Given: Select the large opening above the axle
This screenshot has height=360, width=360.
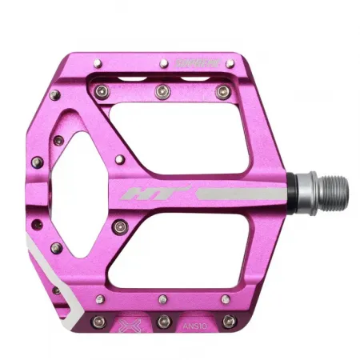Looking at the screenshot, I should point(185,136).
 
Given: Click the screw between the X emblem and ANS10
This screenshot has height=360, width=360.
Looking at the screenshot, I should point(163,321).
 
